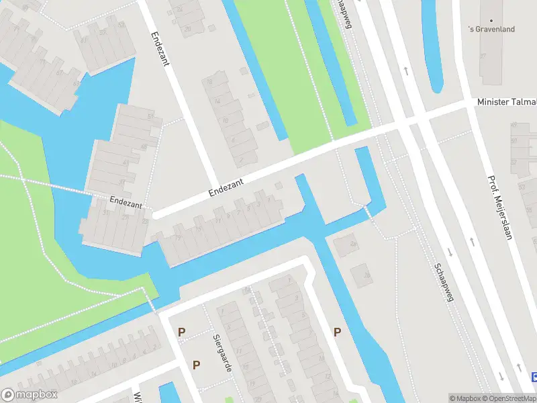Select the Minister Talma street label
tap(507, 101)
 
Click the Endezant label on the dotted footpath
tap(126, 201)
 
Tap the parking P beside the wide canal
tap(337, 332)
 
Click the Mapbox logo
tap(30, 395)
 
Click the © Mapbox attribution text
tap(466, 398)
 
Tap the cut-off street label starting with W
tap(137, 396)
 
